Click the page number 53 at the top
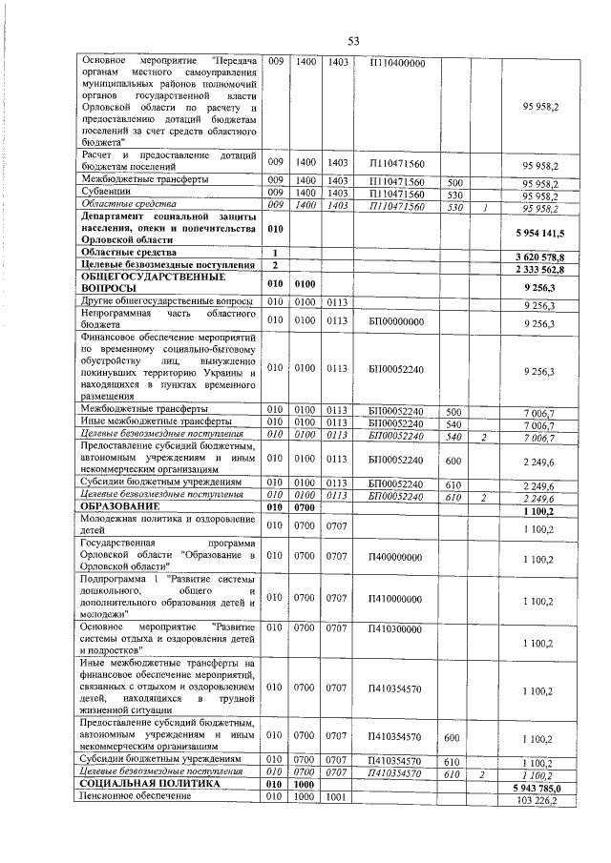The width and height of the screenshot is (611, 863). tap(352, 40)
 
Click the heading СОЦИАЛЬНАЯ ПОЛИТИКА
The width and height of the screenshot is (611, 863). tap(137, 783)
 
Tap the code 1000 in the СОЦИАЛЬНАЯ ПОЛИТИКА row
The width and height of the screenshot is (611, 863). tap(305, 783)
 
